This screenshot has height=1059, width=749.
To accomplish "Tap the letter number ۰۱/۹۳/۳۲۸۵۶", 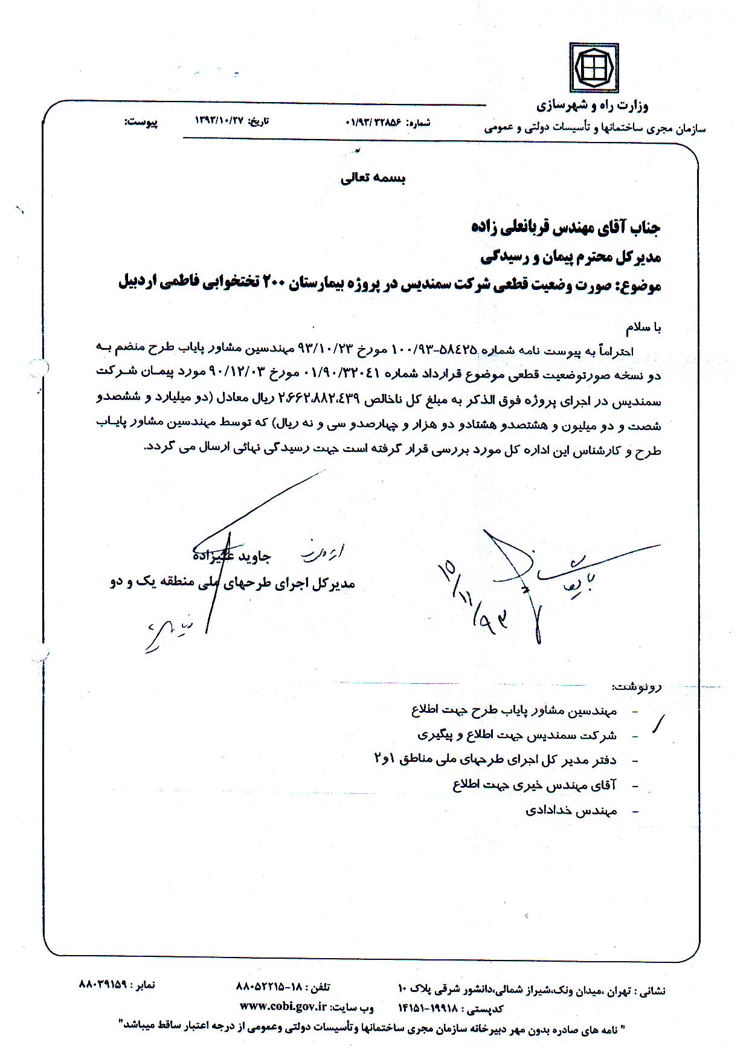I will click(x=373, y=122).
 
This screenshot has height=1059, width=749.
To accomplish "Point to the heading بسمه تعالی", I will click(x=373, y=178).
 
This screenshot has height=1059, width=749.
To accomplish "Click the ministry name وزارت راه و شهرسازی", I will click(x=592, y=107).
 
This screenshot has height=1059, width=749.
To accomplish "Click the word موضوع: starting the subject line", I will click(x=638, y=285).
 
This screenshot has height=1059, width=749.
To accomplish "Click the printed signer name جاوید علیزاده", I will click(x=231, y=556).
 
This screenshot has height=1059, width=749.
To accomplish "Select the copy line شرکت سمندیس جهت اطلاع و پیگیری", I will click(x=517, y=736).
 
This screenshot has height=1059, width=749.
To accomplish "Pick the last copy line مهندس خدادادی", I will click(x=571, y=811).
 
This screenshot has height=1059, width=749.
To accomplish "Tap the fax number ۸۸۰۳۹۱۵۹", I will click(x=103, y=984).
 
